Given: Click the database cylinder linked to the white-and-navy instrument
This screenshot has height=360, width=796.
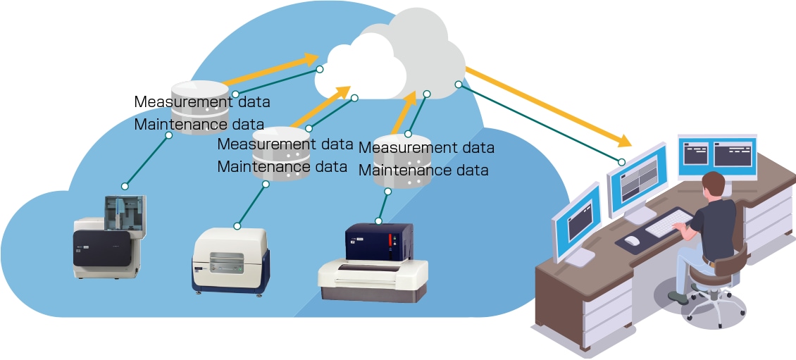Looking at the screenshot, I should point(280,156).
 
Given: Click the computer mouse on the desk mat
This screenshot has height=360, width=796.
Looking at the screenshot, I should point(632,241).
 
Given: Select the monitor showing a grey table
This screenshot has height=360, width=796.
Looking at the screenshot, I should point(637,180).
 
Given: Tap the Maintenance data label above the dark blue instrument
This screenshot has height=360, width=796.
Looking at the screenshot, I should point(423,170).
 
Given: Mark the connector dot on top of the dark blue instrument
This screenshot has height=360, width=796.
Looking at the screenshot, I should point(379,221).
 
